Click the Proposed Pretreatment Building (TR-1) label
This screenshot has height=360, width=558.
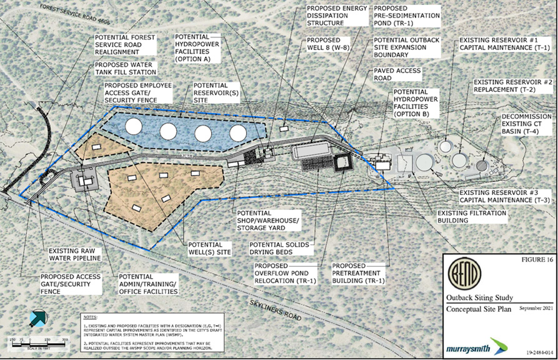(359, 274)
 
